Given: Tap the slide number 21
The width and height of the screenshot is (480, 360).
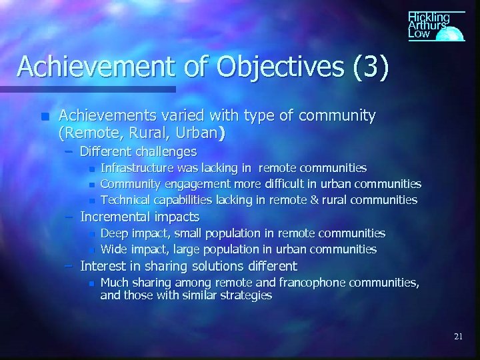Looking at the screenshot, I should (x=458, y=337).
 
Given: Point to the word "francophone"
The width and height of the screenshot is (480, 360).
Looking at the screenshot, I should (x=335, y=283).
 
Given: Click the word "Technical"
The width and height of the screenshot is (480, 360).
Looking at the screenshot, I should (x=126, y=200).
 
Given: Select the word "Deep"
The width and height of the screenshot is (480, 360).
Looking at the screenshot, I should (x=114, y=233).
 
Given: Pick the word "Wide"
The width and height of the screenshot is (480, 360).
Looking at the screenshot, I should (x=114, y=249).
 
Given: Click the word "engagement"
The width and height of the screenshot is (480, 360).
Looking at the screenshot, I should (x=185, y=184).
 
